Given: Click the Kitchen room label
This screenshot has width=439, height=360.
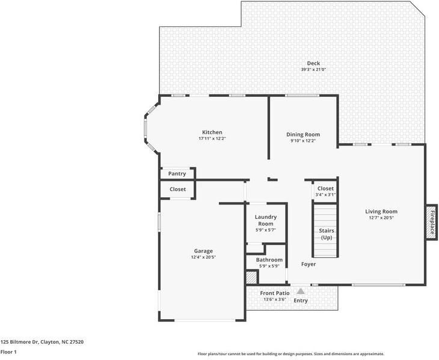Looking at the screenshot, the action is [x=212, y=132].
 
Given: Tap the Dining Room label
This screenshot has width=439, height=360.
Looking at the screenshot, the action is [x=303, y=135].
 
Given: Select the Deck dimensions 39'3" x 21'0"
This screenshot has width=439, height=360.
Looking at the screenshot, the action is [x=313, y=70].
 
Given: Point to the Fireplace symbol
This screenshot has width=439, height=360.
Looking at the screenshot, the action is [x=431, y=222].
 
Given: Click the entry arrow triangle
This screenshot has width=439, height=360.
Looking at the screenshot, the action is [x=301, y=291].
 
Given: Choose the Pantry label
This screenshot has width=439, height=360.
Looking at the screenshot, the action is [x=177, y=174].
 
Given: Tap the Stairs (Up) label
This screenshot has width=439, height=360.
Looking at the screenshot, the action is [x=327, y=234].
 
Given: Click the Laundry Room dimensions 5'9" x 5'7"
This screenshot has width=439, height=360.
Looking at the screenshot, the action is [x=266, y=230].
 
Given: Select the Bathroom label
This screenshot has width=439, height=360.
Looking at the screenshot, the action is [x=269, y=260].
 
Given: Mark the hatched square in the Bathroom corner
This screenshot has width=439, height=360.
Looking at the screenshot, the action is [x=252, y=277].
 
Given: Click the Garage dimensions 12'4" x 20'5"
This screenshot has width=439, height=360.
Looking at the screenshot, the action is [x=203, y=257].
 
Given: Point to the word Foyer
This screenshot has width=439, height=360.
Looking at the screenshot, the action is [x=309, y=264].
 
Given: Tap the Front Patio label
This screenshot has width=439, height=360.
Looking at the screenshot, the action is [x=275, y=293].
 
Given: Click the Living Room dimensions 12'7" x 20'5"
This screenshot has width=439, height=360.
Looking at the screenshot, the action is [x=381, y=218].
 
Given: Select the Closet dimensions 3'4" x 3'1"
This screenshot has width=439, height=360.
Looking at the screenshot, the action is [x=325, y=195].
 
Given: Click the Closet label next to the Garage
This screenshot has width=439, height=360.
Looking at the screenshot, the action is [x=177, y=189].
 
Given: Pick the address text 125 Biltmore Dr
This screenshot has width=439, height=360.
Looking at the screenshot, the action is [x=19, y=342].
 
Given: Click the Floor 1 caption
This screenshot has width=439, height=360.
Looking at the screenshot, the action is [x=8, y=352].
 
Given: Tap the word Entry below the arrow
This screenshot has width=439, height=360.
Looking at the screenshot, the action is [x=301, y=301].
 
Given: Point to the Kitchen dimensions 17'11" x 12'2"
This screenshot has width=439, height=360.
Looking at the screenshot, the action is [x=212, y=138].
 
